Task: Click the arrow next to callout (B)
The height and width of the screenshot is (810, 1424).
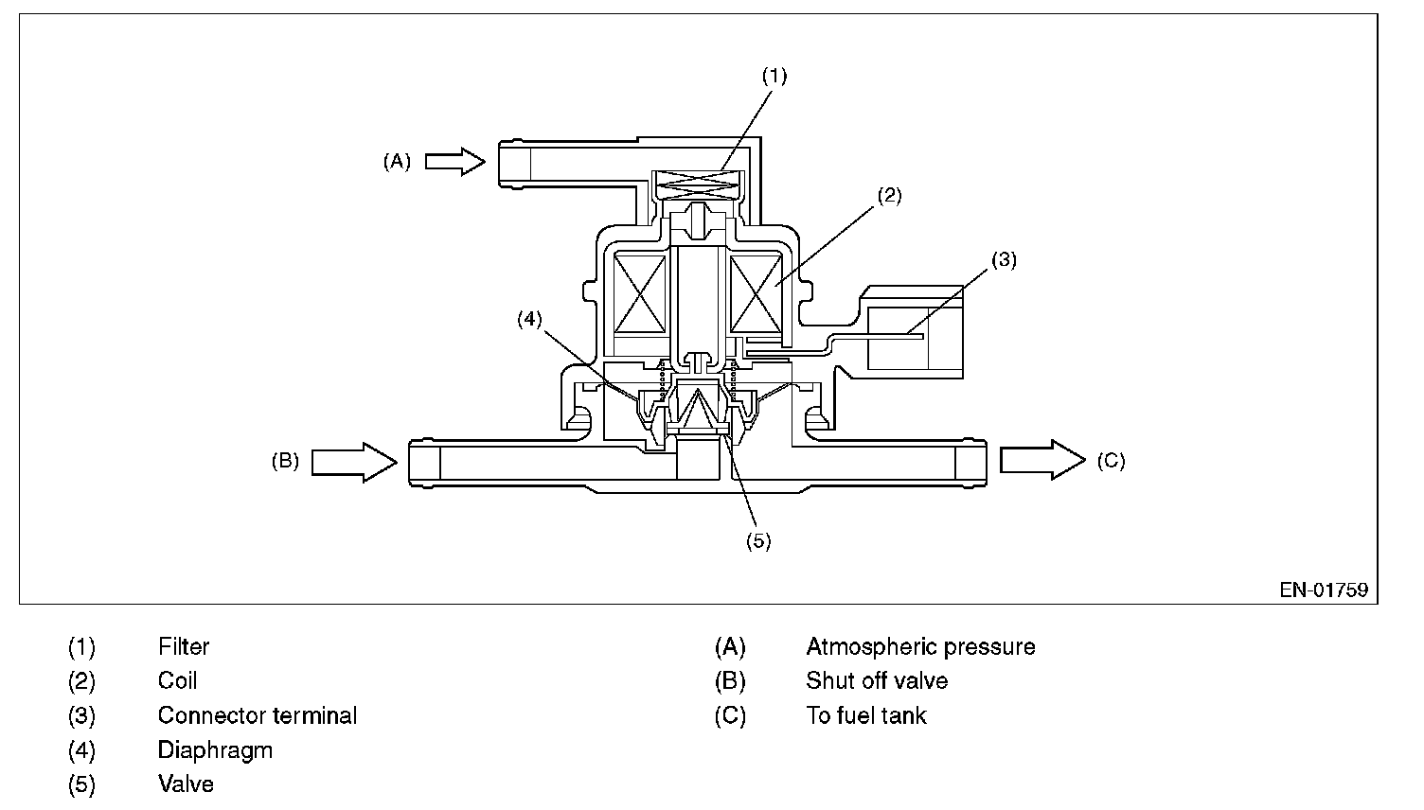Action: click(x=353, y=461)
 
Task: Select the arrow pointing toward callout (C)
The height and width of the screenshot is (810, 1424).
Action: click(x=1042, y=460)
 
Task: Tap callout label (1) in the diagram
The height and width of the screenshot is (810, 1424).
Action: click(x=774, y=77)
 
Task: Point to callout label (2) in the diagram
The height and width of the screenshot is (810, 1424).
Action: click(x=889, y=196)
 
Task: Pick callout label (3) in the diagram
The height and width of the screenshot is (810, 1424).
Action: click(x=1004, y=259)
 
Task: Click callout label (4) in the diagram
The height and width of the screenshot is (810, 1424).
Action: click(x=529, y=320)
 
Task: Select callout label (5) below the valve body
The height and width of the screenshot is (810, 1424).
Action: click(x=758, y=540)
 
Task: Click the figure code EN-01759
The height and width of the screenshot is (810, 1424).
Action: click(x=1324, y=590)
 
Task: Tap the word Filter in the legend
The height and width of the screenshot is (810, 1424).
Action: click(x=184, y=647)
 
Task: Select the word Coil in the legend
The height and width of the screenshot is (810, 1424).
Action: click(x=178, y=681)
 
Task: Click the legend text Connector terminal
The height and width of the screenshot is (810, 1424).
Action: click(x=258, y=715)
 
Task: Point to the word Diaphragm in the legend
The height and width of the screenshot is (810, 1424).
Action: click(x=215, y=750)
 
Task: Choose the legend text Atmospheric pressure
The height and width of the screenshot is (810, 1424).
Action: click(x=920, y=647)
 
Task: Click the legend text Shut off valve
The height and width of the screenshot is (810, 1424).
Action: click(x=877, y=681)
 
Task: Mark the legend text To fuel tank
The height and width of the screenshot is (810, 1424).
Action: click(x=866, y=715)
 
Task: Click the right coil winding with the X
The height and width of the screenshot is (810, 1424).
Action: click(x=755, y=293)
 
